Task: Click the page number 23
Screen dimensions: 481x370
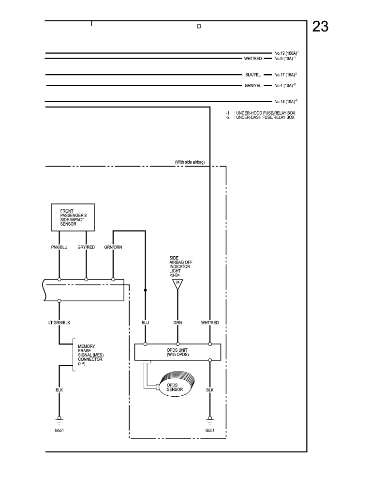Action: click(x=320, y=27)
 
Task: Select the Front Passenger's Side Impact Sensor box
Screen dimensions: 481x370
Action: click(x=73, y=218)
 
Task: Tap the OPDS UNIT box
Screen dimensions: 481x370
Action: click(x=177, y=351)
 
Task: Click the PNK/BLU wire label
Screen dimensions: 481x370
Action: click(x=59, y=247)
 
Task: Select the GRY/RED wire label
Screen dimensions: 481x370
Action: click(x=86, y=247)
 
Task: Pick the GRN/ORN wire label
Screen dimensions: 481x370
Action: click(x=113, y=247)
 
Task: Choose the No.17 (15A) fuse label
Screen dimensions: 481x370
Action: click(x=285, y=75)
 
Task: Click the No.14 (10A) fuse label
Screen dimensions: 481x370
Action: click(x=285, y=102)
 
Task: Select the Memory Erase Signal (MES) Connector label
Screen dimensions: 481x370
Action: click(x=90, y=355)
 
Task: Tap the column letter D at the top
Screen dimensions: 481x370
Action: click(x=199, y=27)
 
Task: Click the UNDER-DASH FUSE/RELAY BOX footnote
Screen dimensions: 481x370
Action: click(x=265, y=117)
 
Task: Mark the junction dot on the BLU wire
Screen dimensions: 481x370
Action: click(x=146, y=290)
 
